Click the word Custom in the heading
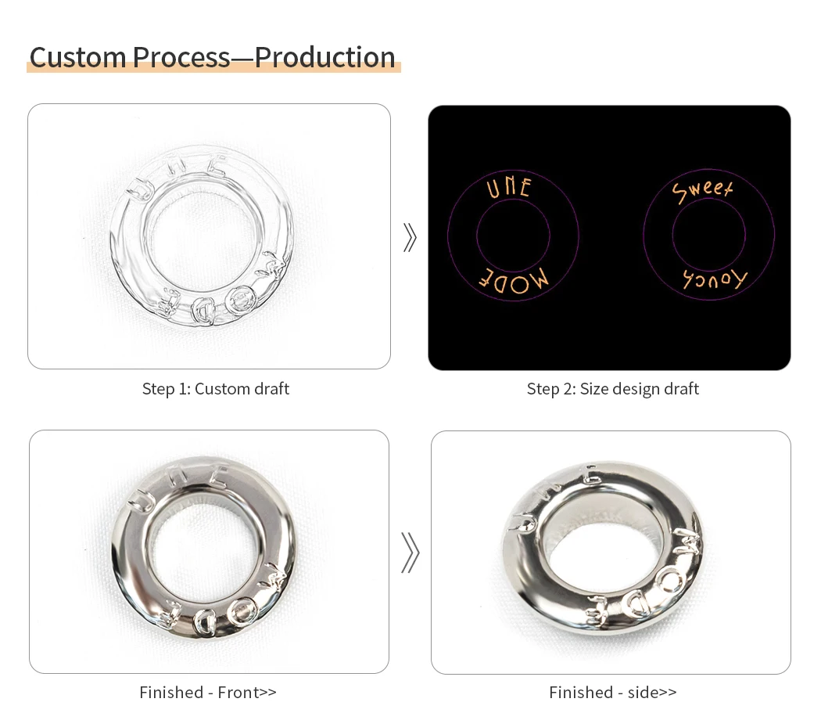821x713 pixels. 77,57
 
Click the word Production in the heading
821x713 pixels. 324,57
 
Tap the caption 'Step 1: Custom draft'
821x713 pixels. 216,389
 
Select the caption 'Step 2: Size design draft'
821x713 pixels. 612,389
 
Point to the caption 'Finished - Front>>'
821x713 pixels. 208,693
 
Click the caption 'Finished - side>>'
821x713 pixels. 612,693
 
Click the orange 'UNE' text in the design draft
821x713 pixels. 509,188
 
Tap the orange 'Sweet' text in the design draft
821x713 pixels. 703,191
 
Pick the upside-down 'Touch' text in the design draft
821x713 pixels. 715,279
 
